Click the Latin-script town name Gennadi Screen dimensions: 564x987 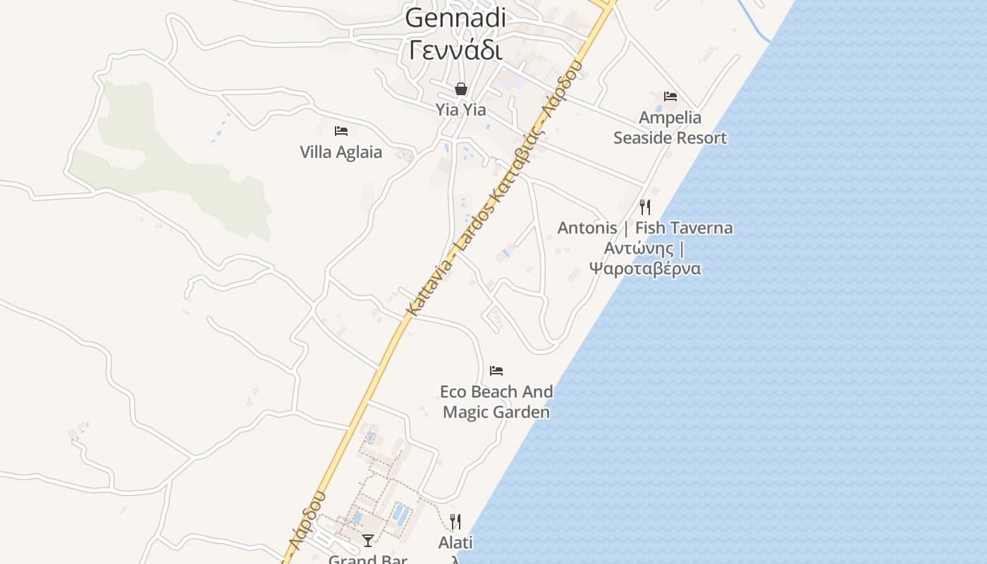tap(455, 18)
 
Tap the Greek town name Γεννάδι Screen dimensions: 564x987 tap(455, 51)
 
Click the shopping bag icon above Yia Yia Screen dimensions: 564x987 tap(460, 89)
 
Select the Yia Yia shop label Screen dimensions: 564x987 tap(460, 110)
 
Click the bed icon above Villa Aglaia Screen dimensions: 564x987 tap(341, 130)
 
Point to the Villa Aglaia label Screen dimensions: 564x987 tap(341, 152)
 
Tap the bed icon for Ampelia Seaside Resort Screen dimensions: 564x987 tap(670, 97)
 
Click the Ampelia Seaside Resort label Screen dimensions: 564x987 tap(670, 128)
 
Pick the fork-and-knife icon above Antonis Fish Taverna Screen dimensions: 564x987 tap(644, 207)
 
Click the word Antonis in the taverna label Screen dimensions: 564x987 tap(587, 228)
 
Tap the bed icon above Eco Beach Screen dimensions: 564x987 tap(496, 370)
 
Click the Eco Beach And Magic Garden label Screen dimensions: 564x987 tap(496, 401)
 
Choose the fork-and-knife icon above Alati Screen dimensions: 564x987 tap(455, 522)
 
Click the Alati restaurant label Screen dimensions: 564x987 tap(455, 543)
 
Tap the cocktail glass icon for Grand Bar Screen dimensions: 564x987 tap(367, 541)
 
